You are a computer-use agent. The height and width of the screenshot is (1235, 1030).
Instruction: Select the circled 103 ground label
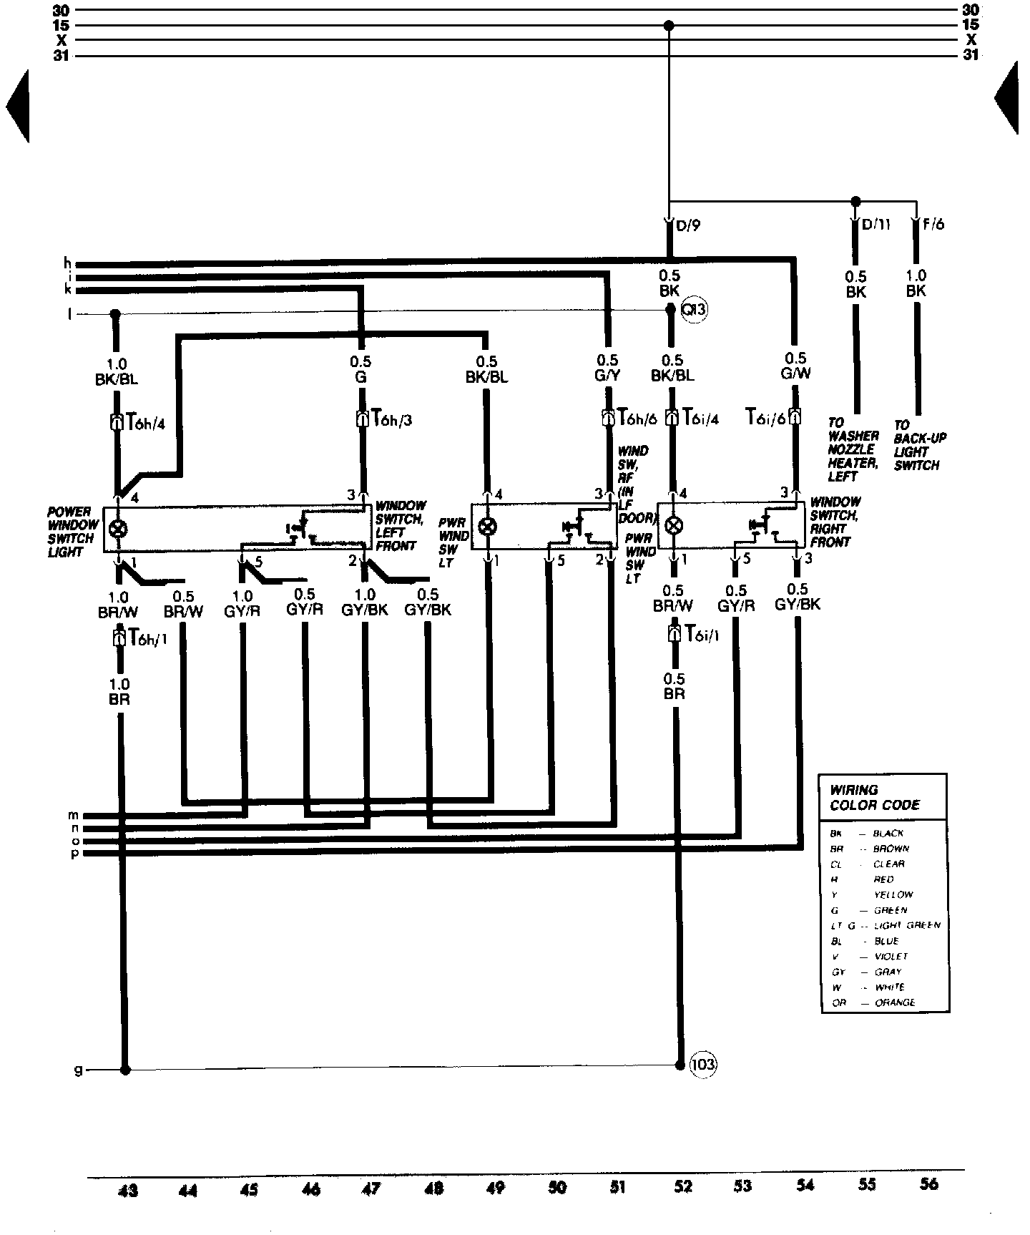(x=703, y=1065)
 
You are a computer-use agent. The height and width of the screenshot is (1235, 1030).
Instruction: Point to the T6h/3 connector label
(x=391, y=419)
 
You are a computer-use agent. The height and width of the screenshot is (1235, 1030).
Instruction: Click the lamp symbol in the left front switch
(x=119, y=529)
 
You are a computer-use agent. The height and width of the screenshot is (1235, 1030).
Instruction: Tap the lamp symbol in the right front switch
(x=672, y=527)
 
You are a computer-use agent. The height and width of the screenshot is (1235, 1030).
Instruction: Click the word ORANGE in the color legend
(x=894, y=1002)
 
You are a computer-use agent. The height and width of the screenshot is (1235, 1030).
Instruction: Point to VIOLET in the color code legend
(x=891, y=956)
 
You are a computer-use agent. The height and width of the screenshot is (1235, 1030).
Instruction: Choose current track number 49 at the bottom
(x=495, y=1187)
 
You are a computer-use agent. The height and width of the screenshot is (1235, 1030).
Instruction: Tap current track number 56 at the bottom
(x=928, y=1184)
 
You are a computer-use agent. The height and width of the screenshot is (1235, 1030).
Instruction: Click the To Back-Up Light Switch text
(x=916, y=445)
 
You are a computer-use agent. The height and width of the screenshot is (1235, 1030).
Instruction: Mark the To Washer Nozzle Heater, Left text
(x=853, y=449)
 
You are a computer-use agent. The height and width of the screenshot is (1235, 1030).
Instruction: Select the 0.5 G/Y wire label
(x=607, y=367)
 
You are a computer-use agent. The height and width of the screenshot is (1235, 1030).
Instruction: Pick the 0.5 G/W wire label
(x=795, y=366)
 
